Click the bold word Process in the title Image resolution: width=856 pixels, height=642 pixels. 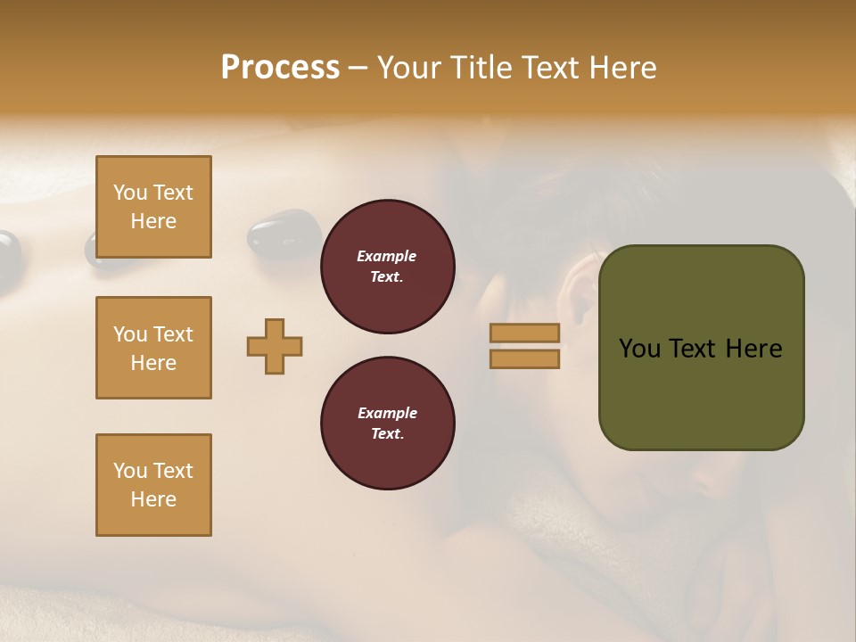(x=280, y=68)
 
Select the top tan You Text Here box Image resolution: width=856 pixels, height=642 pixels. (x=153, y=207)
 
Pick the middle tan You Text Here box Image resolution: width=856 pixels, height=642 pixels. (x=153, y=348)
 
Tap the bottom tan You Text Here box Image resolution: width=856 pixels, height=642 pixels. (x=153, y=485)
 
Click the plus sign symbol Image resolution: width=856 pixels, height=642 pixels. (x=275, y=346)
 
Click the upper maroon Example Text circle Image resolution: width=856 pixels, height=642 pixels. (x=387, y=267)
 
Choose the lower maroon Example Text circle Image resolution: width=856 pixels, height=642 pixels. (x=387, y=424)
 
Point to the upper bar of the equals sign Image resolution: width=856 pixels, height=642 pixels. (x=524, y=333)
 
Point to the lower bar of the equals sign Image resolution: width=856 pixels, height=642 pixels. (x=524, y=359)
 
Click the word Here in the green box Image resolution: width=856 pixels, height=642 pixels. (x=753, y=349)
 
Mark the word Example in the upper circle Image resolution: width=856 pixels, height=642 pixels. (x=387, y=256)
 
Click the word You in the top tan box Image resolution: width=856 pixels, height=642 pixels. (x=129, y=193)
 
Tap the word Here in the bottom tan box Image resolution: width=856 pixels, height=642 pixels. (x=153, y=499)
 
